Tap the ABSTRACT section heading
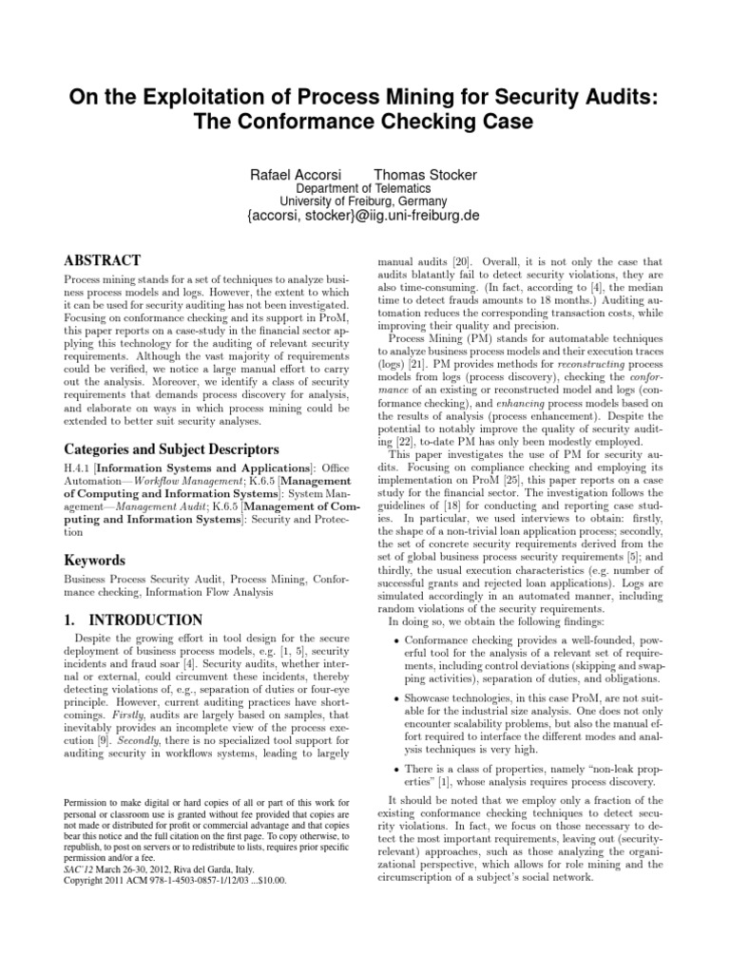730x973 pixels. point(102,259)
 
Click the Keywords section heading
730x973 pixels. point(95,561)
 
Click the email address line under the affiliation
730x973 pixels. point(365,216)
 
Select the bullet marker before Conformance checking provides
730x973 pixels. point(395,640)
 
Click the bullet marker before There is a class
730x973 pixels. point(395,770)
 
